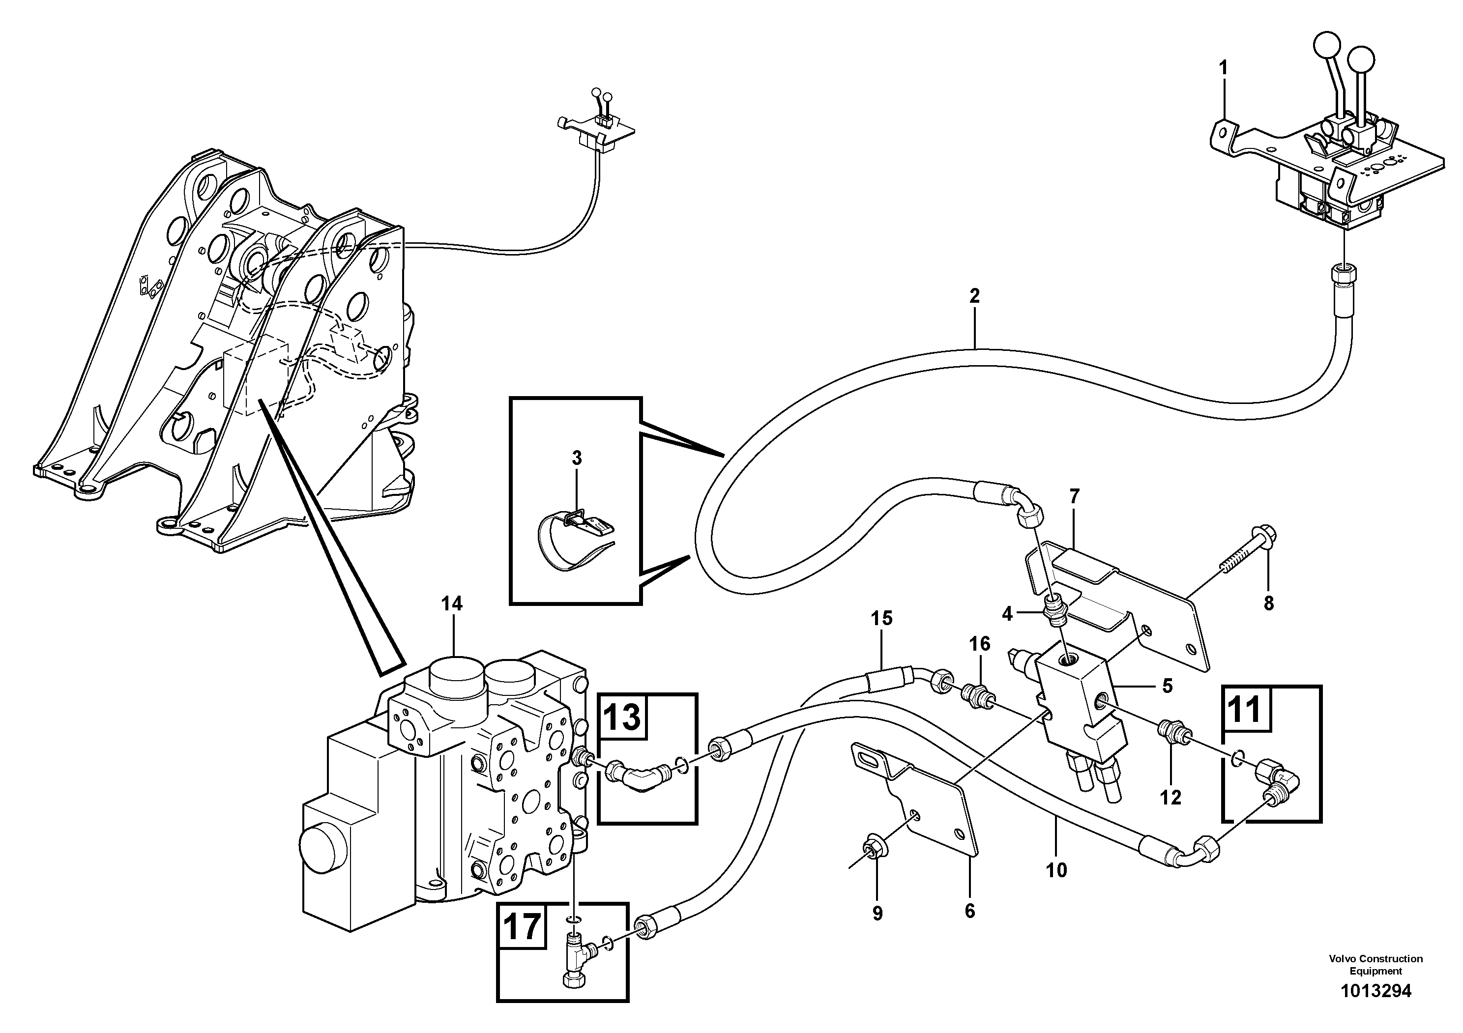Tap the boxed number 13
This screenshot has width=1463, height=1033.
[x=621, y=717]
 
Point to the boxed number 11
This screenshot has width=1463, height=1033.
[x=1246, y=709]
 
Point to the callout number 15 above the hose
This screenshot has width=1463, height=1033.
[x=882, y=618]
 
